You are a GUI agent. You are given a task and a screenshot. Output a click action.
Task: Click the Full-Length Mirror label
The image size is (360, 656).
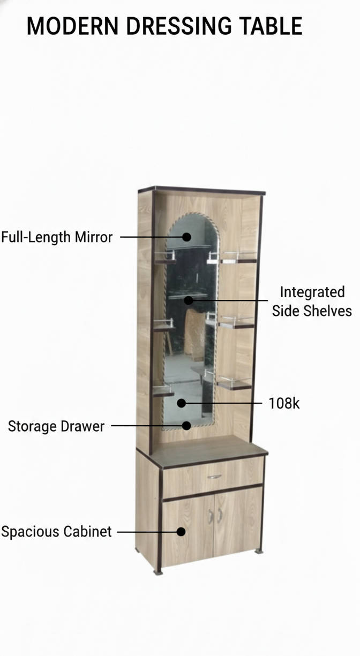57,237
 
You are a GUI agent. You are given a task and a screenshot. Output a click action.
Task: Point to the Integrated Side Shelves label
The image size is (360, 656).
312,301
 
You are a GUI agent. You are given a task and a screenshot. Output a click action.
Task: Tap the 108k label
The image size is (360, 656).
284,403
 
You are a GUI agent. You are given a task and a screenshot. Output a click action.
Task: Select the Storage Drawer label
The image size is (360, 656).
56,426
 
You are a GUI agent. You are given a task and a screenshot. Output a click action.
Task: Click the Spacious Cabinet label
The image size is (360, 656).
56,532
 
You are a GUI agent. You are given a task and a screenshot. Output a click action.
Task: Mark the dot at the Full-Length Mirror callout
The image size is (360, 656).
186,237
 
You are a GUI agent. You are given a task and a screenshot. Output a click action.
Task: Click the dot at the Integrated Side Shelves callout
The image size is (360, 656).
189,300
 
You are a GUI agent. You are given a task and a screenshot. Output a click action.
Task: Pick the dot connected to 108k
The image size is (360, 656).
181,403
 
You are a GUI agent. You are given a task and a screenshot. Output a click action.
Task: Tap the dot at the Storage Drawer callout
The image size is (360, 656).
186,426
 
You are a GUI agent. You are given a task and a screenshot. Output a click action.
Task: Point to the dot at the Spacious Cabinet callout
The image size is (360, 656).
181,532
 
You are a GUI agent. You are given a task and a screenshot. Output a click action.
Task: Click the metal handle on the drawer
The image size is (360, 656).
214,477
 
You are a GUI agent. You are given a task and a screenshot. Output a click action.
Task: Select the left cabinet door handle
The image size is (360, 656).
210,516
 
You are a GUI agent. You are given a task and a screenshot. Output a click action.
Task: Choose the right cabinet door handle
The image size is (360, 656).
220,515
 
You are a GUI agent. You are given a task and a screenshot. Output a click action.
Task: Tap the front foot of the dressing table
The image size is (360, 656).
158,572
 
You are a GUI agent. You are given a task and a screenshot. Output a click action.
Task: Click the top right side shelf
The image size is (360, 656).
239,258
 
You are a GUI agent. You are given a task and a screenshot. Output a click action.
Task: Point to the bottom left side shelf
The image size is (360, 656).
163,391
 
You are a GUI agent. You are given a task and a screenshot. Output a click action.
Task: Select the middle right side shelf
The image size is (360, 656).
236,323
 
